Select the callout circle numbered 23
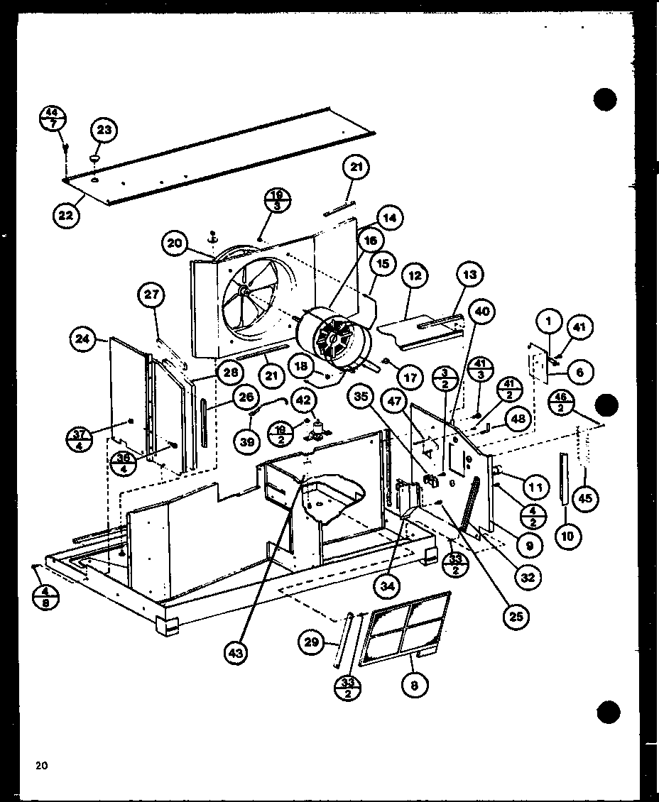click(x=104, y=131)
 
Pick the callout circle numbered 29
click(x=310, y=642)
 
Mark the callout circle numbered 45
click(x=584, y=498)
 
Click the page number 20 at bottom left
click(x=41, y=765)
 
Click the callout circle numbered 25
click(x=516, y=616)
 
